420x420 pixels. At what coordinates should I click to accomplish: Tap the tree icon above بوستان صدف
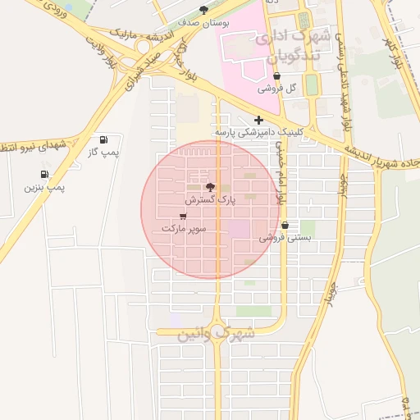click(x=227, y=10)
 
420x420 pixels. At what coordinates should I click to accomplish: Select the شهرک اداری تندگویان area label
click(x=292, y=44)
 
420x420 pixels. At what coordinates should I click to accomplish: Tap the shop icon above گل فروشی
click(x=286, y=76)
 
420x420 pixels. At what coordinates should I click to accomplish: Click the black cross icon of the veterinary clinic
click(x=258, y=120)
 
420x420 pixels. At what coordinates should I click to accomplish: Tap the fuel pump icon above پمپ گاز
click(x=103, y=140)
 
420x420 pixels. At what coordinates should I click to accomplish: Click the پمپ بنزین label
click(x=43, y=188)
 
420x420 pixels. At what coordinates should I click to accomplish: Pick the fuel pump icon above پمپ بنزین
click(x=43, y=175)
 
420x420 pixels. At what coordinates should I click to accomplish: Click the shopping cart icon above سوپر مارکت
click(x=182, y=216)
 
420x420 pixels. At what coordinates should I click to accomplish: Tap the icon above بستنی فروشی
click(x=285, y=226)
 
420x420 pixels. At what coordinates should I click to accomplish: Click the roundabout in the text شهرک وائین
click(x=217, y=332)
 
